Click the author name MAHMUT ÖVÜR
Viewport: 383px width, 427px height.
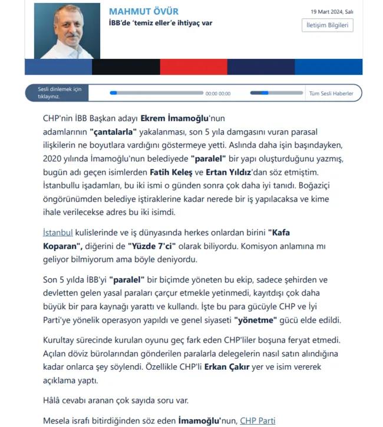tap(143, 12)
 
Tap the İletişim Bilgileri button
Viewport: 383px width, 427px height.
tap(327, 25)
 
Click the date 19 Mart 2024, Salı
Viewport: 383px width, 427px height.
tap(332, 12)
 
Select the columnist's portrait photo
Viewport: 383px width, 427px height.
tap(67, 31)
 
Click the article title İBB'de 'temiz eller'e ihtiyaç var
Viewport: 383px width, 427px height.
tap(160, 23)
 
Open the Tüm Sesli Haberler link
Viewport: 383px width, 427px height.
tap(331, 93)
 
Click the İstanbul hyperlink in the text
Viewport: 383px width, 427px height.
tap(58, 232)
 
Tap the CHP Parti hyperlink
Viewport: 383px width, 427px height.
tap(257, 421)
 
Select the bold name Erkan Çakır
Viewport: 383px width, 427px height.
tap(226, 366)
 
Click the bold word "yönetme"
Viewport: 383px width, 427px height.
tap(256, 320)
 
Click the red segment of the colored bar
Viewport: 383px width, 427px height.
tap(193, 67)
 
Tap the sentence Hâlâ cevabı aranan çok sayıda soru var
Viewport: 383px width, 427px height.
tap(115, 400)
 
